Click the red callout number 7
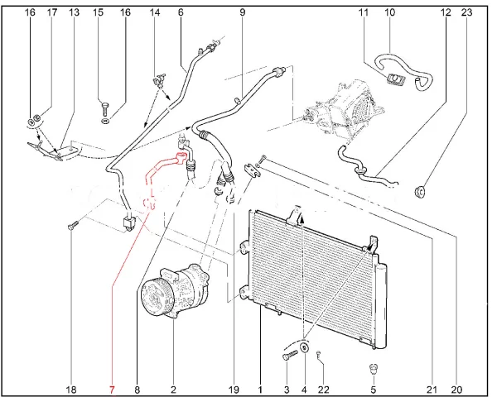coord(112,390)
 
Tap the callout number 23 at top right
coord(466,12)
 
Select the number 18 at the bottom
coord(71,390)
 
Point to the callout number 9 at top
coord(243,12)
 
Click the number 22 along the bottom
coord(323,390)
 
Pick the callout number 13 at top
coord(74,12)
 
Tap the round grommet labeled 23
coord(420,192)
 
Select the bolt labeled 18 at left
coord(71,226)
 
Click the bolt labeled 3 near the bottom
coord(290,355)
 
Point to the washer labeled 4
coord(304,347)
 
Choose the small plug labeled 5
coord(374,370)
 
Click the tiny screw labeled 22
coord(319,355)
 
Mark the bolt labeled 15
coord(104,107)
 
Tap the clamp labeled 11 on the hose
coord(395,79)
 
